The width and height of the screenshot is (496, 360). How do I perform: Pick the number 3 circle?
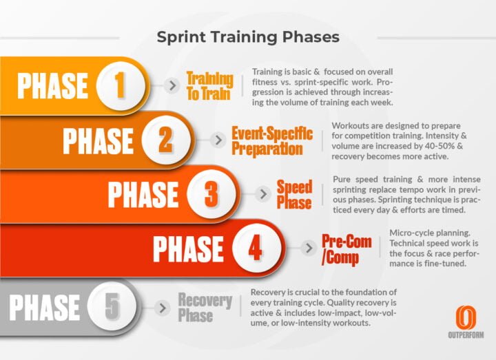(211, 194)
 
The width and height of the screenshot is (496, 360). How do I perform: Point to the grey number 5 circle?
(111, 307)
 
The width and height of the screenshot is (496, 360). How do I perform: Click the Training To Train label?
(209, 86)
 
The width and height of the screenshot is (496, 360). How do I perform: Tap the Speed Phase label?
(294, 194)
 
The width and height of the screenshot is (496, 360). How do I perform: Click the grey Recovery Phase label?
(205, 307)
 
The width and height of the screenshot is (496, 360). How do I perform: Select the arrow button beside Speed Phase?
(262, 194)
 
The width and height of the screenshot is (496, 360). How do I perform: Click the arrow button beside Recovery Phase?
(163, 307)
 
